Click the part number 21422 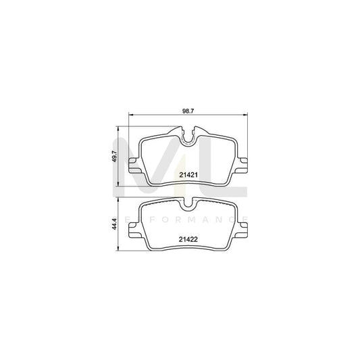point(188,238)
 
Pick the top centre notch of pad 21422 point(188,202)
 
